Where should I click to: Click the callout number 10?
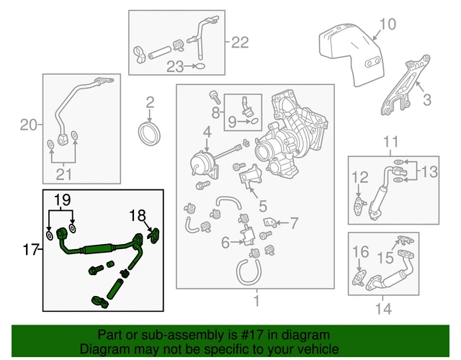[387, 24]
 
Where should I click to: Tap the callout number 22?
[240, 42]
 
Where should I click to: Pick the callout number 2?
[151, 102]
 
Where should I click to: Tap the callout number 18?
[137, 214]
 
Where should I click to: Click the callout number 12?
[359, 176]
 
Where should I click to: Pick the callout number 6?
[226, 243]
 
